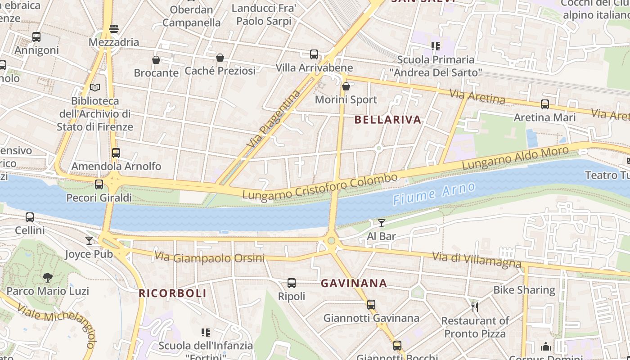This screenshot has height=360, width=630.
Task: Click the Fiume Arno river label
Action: point(434,194)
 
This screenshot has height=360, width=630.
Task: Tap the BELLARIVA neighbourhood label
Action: point(388,120)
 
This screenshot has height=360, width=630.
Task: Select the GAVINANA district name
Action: point(354,283)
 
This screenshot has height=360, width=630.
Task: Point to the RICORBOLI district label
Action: point(172,293)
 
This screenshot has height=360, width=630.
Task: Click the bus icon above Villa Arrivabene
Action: point(314,54)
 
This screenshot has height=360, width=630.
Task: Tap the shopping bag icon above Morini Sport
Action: point(346,86)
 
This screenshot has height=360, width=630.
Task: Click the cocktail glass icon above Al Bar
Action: point(382,223)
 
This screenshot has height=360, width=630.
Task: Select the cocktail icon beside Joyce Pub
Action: point(89,241)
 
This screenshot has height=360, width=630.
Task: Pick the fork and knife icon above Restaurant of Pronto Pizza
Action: point(475,307)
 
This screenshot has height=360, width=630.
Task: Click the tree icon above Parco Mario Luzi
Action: point(48,278)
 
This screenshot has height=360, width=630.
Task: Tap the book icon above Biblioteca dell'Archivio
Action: point(94,88)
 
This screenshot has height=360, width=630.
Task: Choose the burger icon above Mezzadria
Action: point(114,29)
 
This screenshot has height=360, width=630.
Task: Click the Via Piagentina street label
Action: point(274,119)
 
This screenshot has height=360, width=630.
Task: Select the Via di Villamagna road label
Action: point(477,260)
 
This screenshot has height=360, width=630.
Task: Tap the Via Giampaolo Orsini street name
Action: point(209,257)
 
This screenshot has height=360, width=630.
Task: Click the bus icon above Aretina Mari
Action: point(545,104)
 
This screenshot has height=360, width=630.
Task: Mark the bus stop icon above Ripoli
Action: point(292,283)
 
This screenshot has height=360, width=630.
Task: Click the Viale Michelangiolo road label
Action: point(56,319)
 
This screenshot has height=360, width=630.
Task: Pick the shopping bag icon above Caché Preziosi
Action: point(220,58)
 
